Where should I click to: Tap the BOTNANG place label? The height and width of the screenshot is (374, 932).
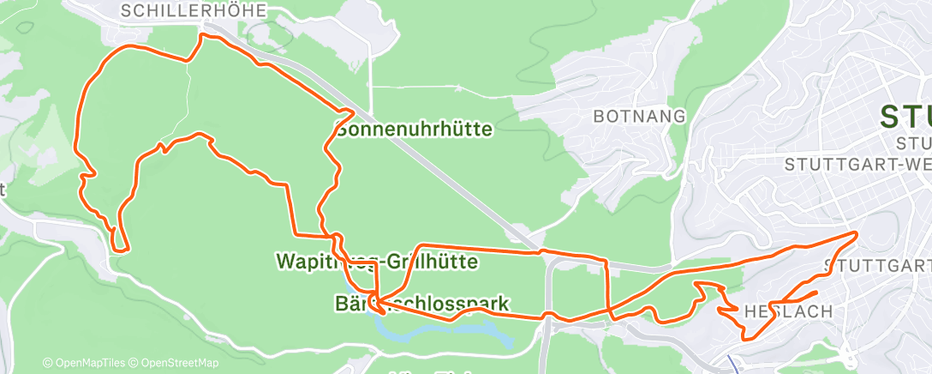[x=639, y=116]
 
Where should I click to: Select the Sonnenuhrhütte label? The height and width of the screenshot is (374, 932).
[x=415, y=130]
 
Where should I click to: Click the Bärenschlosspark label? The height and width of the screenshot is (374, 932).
[x=421, y=304]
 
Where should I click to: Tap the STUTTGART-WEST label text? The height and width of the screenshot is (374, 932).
[x=857, y=162]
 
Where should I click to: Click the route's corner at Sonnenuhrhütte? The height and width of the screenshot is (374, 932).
[x=348, y=112]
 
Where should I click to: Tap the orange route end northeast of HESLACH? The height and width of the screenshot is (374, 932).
[x=816, y=293]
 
